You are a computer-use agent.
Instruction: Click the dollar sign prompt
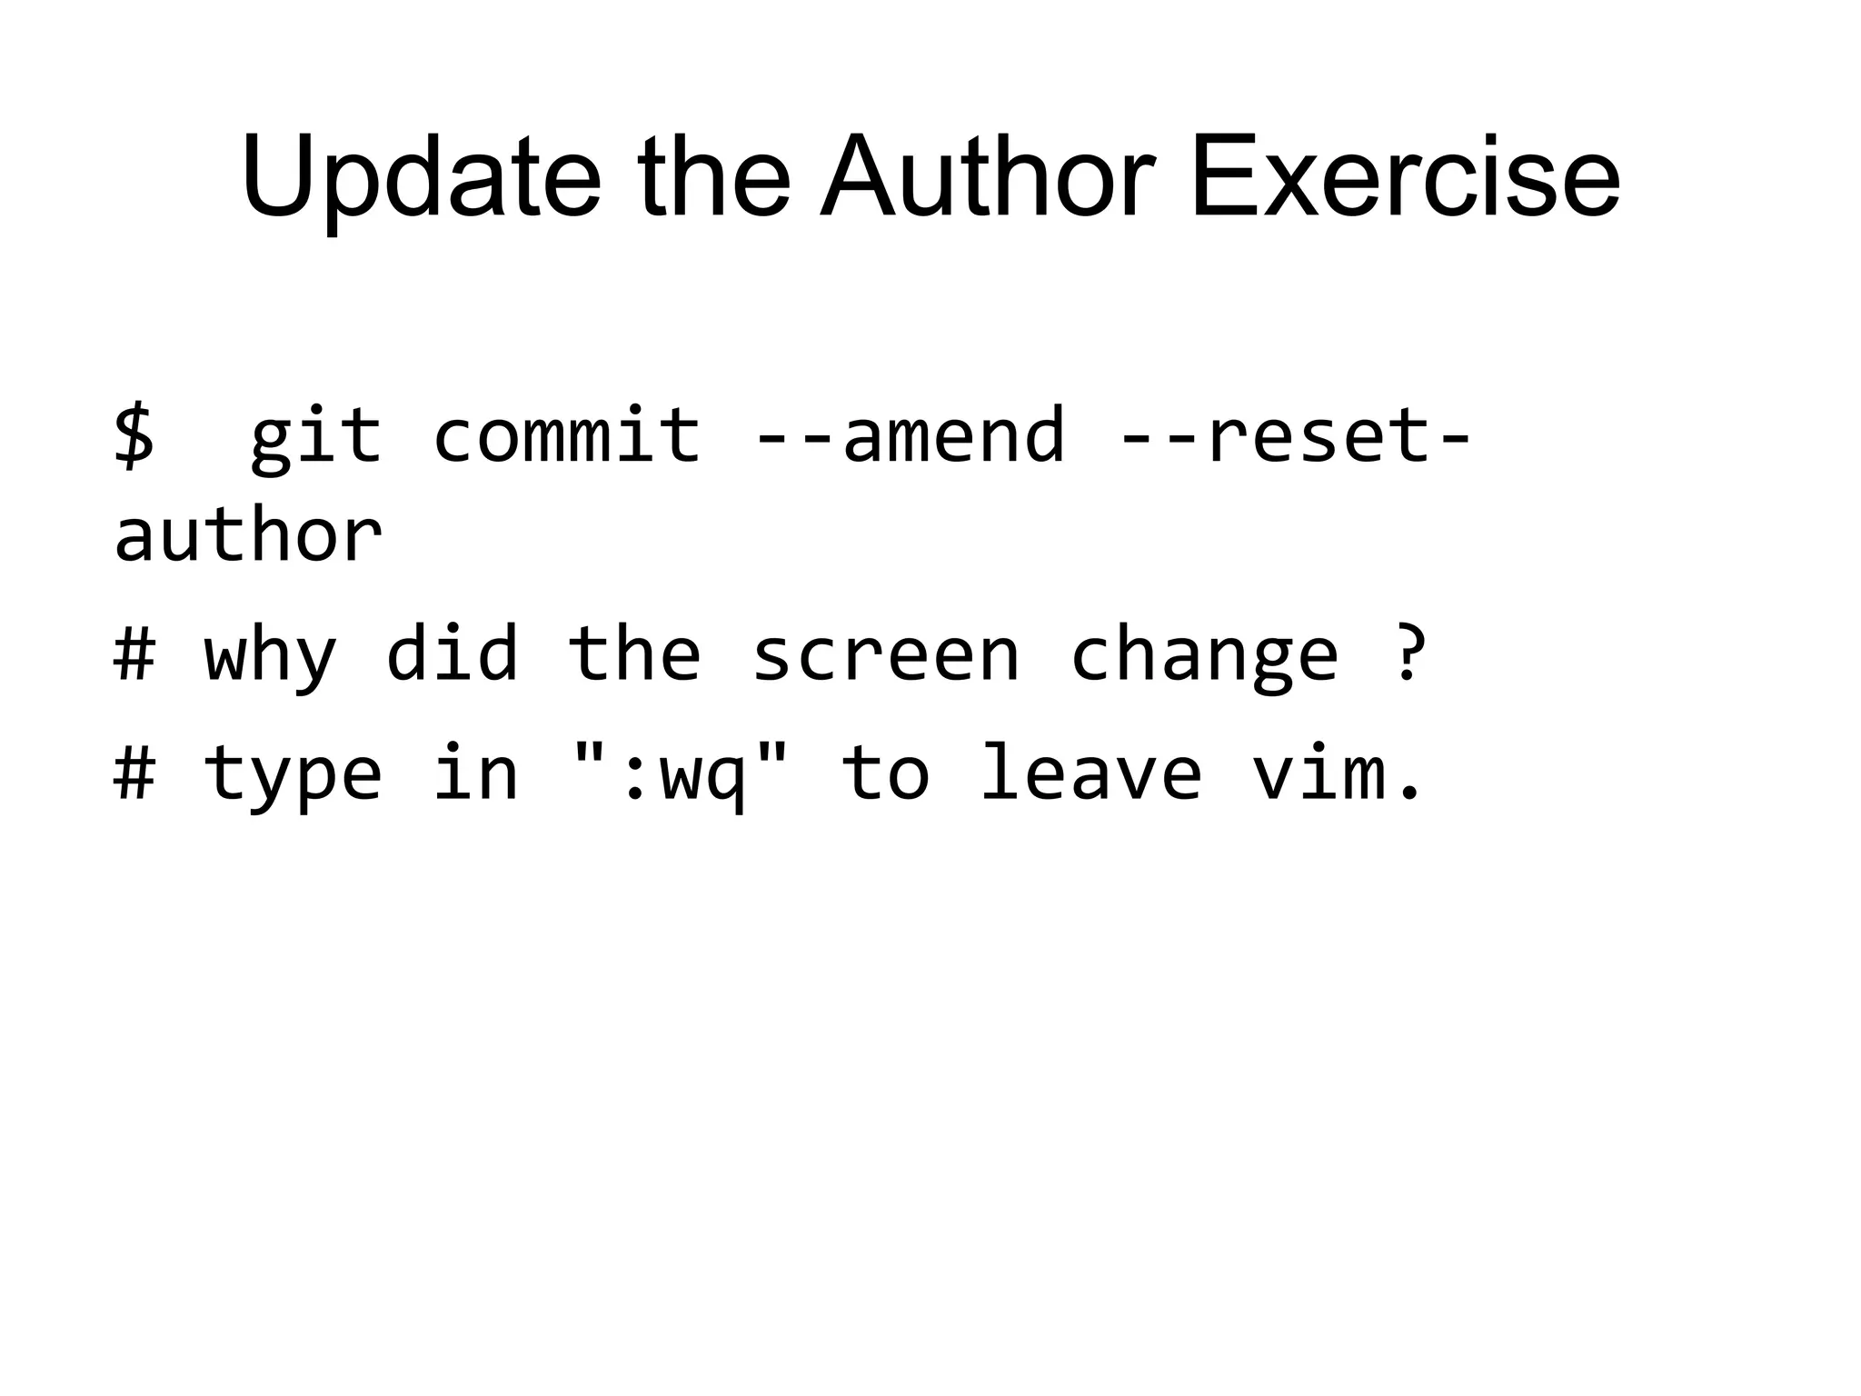134,435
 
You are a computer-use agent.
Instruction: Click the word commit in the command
566,435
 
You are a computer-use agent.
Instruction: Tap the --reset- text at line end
1295,435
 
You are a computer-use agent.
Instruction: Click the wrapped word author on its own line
248,535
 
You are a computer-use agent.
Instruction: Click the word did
452,653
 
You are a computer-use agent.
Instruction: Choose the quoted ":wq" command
680,773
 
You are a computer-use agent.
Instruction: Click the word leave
1090,773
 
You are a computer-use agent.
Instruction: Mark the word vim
1336,773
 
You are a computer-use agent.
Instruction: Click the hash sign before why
134,653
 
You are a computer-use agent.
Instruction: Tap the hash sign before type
134,773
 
